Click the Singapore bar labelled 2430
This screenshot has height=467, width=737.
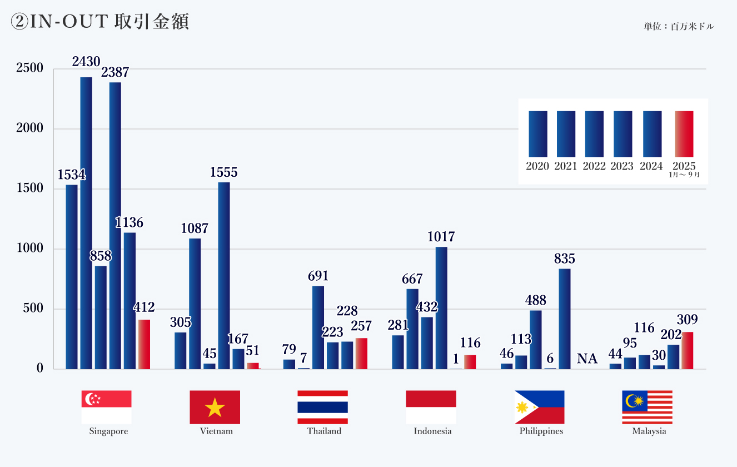[x=86, y=222]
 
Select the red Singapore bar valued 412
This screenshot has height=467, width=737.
[x=144, y=344]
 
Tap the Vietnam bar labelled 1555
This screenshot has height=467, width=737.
[x=224, y=275]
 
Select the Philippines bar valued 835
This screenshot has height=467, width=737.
[x=565, y=319]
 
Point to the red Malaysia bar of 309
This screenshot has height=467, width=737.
[x=688, y=350]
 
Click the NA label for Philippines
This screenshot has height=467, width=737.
[x=587, y=359]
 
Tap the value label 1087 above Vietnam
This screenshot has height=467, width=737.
[x=195, y=228]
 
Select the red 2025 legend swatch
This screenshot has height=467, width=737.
[x=684, y=133]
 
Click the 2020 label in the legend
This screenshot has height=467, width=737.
[x=537, y=166]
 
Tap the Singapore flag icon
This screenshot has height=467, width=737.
[x=106, y=407]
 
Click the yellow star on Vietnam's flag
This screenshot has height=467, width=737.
[x=215, y=409]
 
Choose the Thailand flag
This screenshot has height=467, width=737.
[x=323, y=407]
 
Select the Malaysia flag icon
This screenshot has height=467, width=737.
[x=647, y=407]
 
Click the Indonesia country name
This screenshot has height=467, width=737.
[x=432, y=431]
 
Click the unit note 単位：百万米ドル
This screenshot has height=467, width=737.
[x=679, y=26]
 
